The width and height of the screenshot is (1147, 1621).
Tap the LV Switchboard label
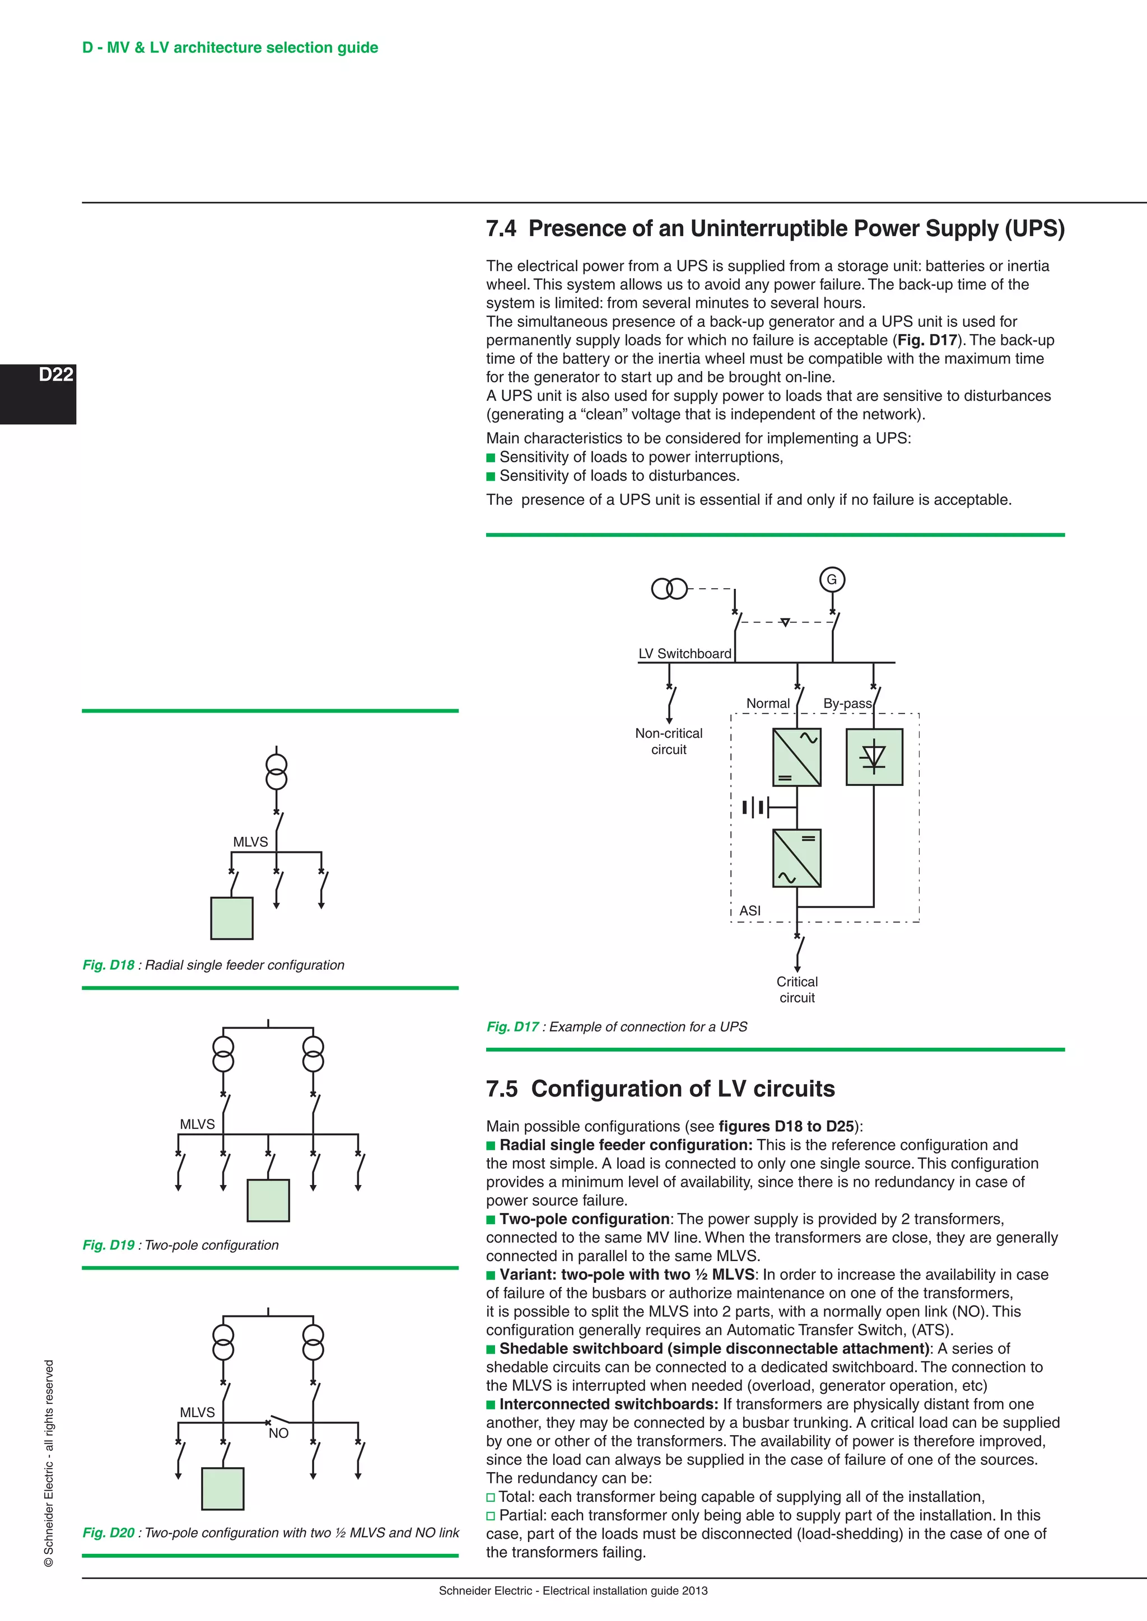coord(684,653)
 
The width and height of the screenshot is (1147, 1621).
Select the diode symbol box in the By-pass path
coord(874,757)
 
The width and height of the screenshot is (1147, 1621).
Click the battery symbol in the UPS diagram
coord(754,807)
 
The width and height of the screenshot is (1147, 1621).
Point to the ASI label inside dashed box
coord(750,911)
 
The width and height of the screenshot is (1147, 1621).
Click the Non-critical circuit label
coord(668,741)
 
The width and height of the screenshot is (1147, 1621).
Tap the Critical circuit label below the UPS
coord(797,989)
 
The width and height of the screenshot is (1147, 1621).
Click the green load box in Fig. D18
coord(232,918)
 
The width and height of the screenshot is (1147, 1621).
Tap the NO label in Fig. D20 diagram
coord(278,1433)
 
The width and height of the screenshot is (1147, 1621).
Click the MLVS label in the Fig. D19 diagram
coord(197,1124)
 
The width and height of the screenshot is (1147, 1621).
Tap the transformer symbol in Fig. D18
coord(276,772)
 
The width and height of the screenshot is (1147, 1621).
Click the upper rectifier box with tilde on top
coord(797,757)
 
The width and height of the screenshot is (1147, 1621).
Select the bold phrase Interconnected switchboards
coord(609,1404)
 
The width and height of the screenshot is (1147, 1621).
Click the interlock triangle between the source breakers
coord(785,622)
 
